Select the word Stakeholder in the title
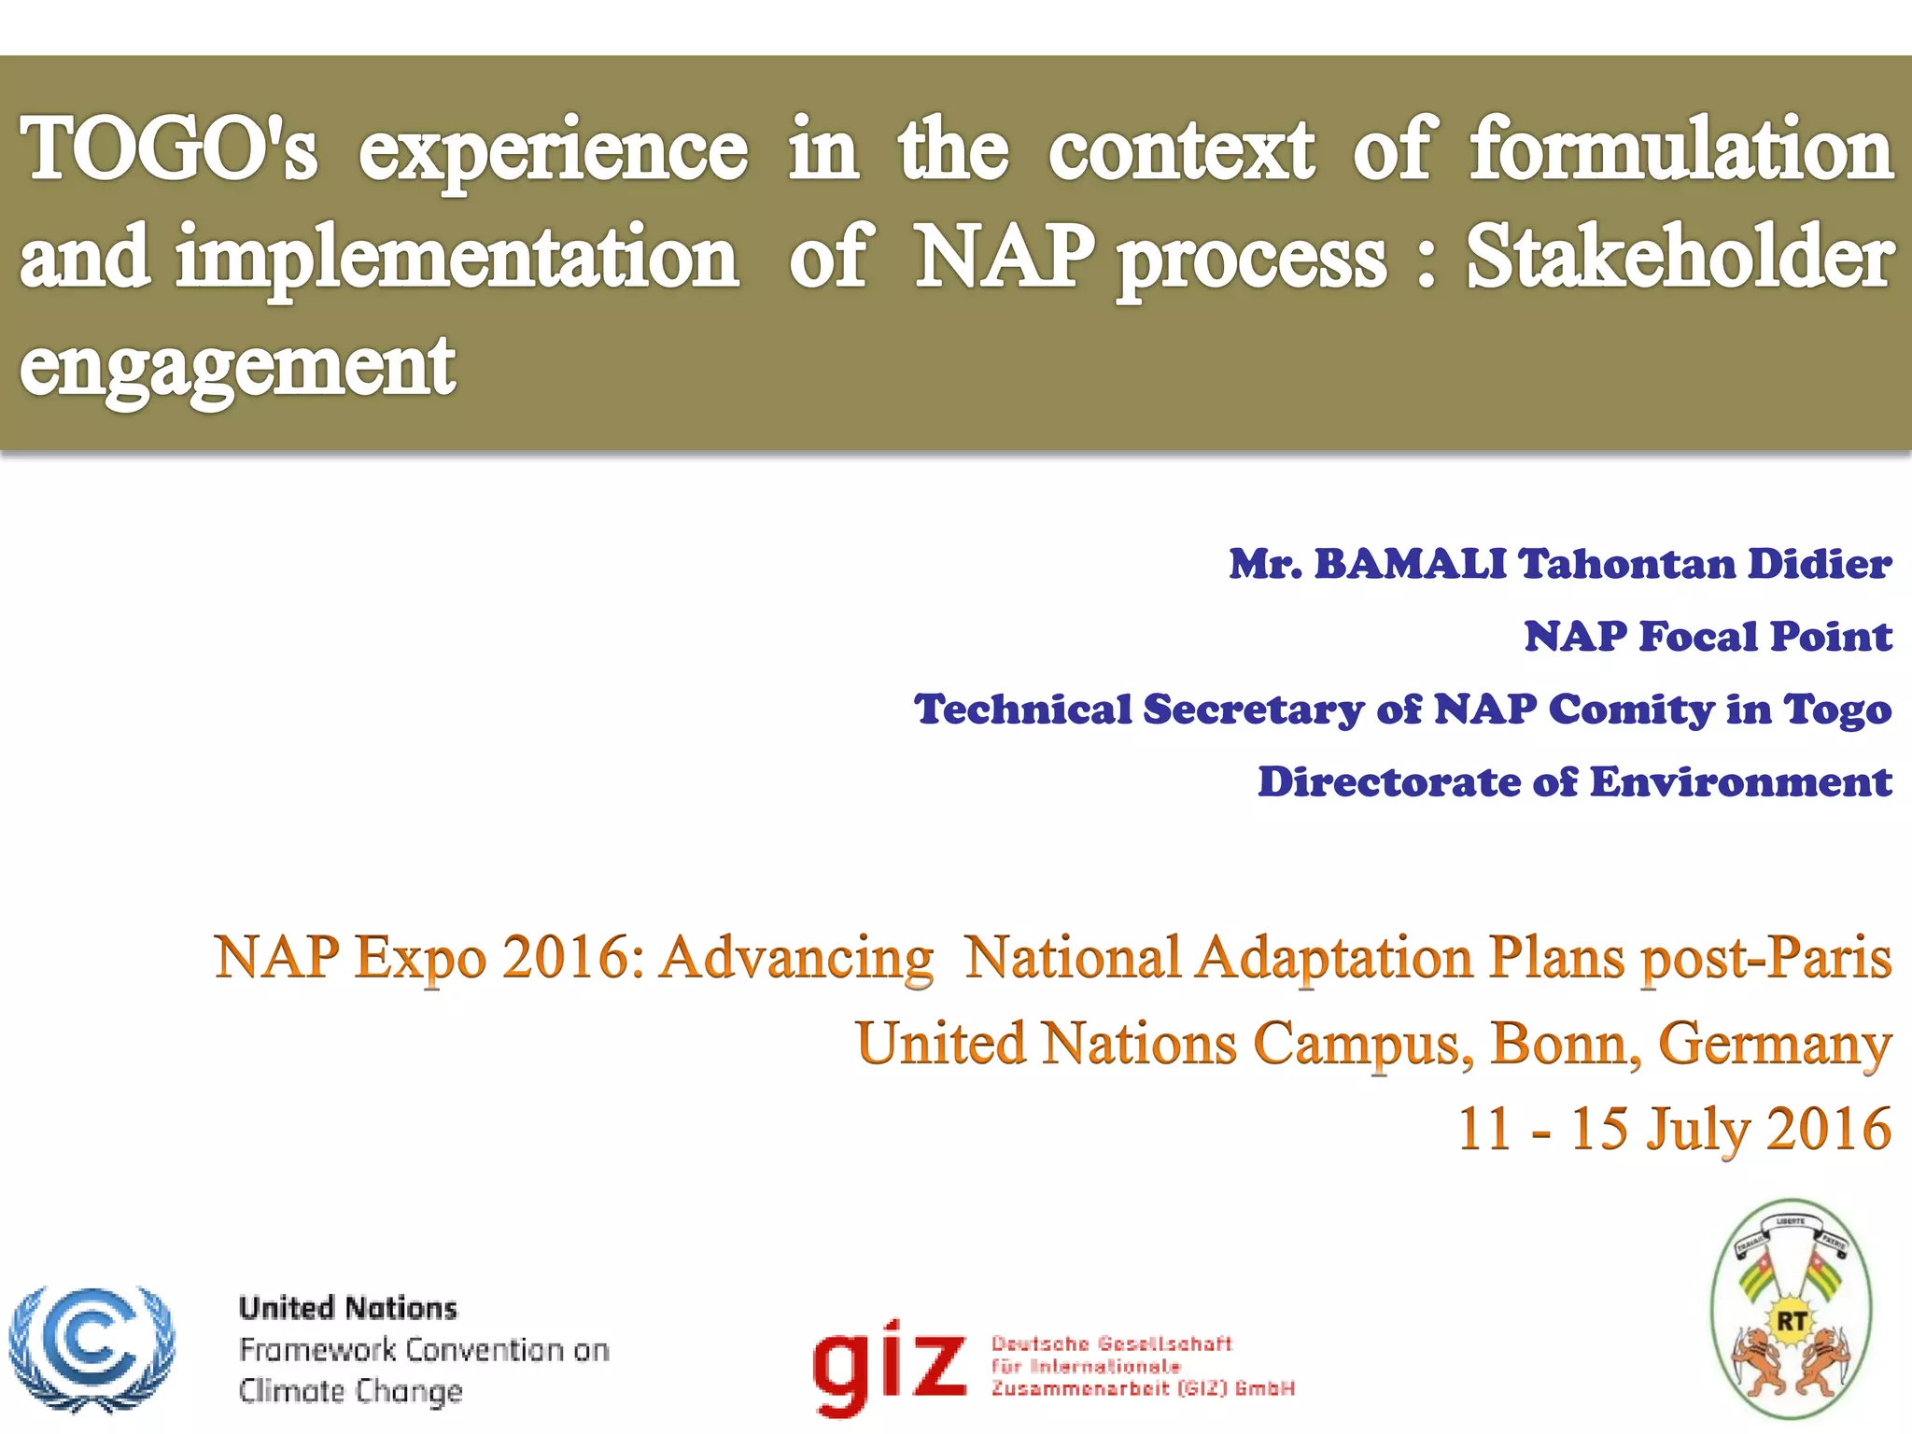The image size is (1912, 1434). pyautogui.click(x=1679, y=258)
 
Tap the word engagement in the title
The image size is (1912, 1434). pyautogui.click(x=237, y=366)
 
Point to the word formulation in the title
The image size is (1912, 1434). pyautogui.click(x=1680, y=149)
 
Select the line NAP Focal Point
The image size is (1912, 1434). pyautogui.click(x=1708, y=637)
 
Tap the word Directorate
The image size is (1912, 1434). pyautogui.click(x=1389, y=782)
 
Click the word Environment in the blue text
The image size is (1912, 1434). pyautogui.click(x=1740, y=782)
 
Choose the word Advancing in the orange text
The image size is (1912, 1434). pyautogui.click(x=796, y=958)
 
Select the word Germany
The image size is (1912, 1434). pyautogui.click(x=1774, y=1045)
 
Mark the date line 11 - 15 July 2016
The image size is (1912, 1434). pyautogui.click(x=1674, y=1129)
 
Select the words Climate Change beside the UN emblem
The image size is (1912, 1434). pyautogui.click(x=351, y=1391)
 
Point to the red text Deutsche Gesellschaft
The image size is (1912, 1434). pyautogui.click(x=1111, y=1343)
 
